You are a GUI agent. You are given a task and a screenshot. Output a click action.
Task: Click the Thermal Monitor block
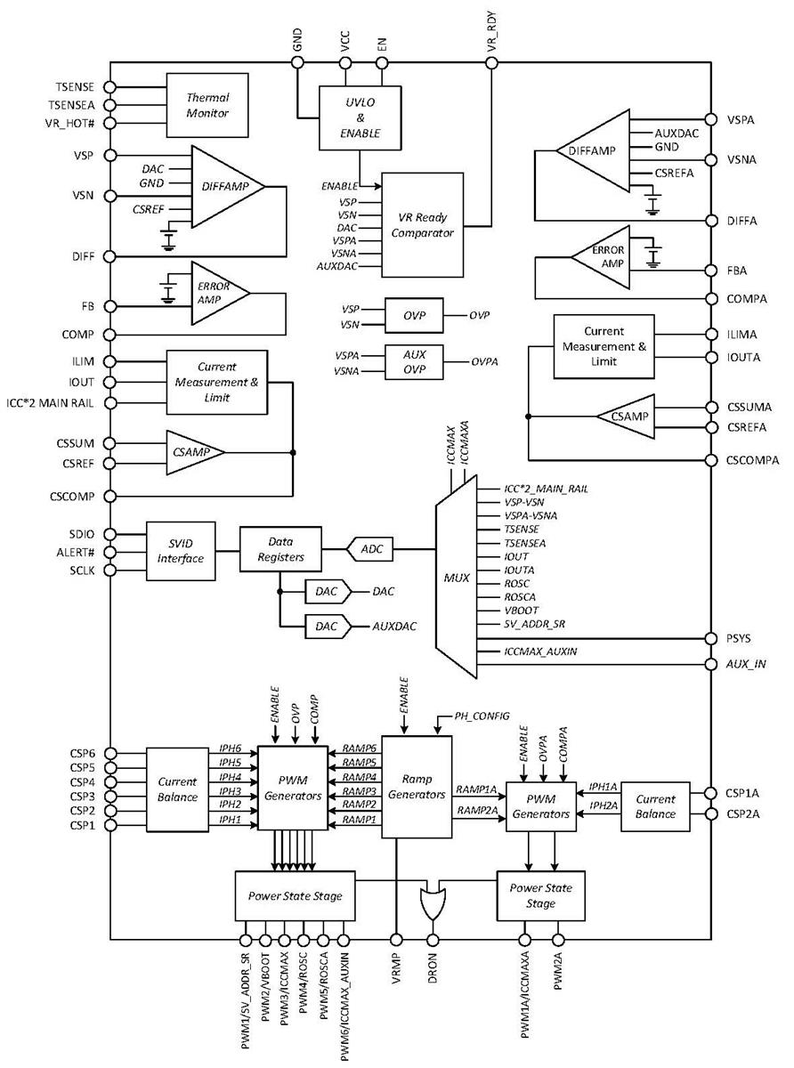(x=207, y=105)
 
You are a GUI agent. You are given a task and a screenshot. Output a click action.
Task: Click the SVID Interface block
(x=181, y=552)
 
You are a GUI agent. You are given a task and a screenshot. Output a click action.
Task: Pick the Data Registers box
(x=280, y=550)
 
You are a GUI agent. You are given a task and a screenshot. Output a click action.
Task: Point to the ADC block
(x=371, y=550)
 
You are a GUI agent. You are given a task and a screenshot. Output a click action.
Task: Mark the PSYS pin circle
(x=709, y=638)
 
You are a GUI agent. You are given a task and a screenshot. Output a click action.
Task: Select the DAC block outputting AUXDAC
(x=328, y=626)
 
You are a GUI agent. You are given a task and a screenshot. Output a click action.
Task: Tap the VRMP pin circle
(x=395, y=939)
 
